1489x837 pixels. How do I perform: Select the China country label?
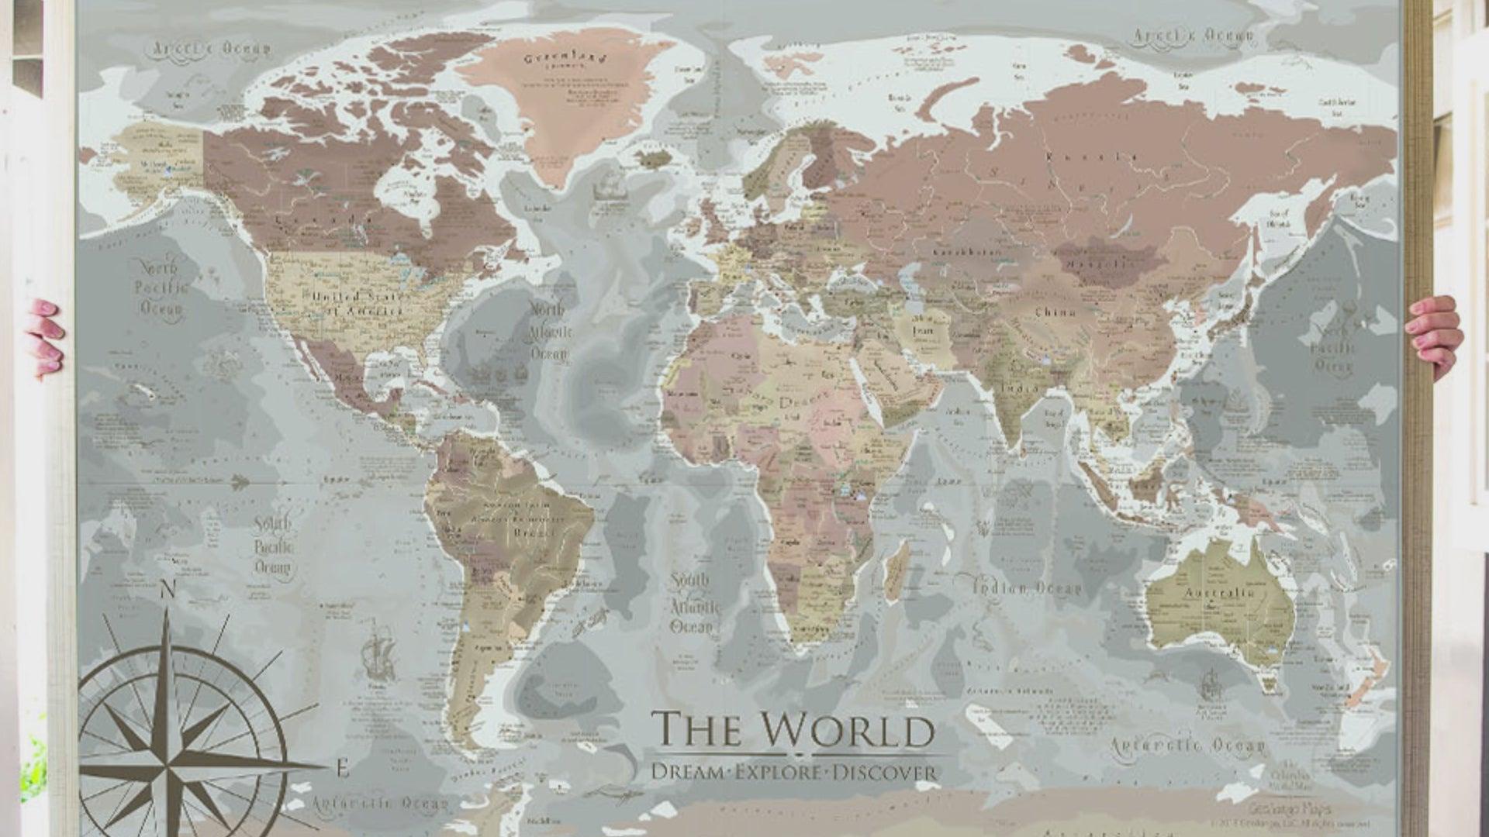(x=1055, y=312)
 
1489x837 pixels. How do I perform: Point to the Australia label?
(x=1218, y=594)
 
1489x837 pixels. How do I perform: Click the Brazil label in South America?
(x=534, y=532)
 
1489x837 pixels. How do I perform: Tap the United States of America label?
(x=358, y=303)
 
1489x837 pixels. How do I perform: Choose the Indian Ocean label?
(x=1027, y=588)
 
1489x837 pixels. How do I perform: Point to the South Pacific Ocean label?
(x=273, y=546)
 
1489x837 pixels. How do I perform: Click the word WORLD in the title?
(x=847, y=730)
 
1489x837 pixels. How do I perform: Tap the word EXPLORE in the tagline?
(x=778, y=773)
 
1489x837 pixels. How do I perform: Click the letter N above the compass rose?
(x=167, y=591)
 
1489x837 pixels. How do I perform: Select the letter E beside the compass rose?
(x=342, y=769)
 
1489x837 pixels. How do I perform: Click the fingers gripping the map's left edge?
(x=45, y=337)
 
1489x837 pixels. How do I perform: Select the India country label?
(x=1020, y=387)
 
